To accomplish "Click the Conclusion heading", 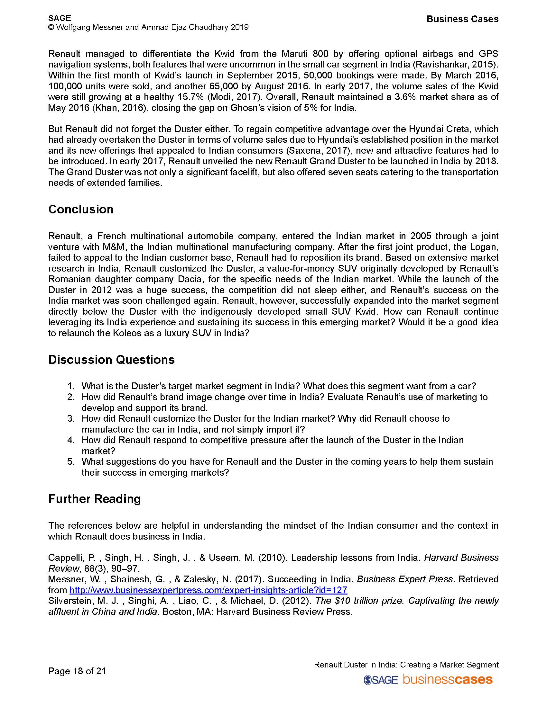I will [81, 210].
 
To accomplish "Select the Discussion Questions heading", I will [111, 360].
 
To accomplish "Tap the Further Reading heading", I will [94, 499].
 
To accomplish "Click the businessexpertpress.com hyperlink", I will [208, 590].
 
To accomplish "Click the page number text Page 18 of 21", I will [77, 671].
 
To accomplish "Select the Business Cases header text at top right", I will [462, 19].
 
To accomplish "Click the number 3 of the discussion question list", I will [71, 418].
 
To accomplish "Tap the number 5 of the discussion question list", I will [71, 461].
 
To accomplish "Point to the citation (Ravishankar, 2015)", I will [455, 65].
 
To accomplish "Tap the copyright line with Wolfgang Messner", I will [148, 27].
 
